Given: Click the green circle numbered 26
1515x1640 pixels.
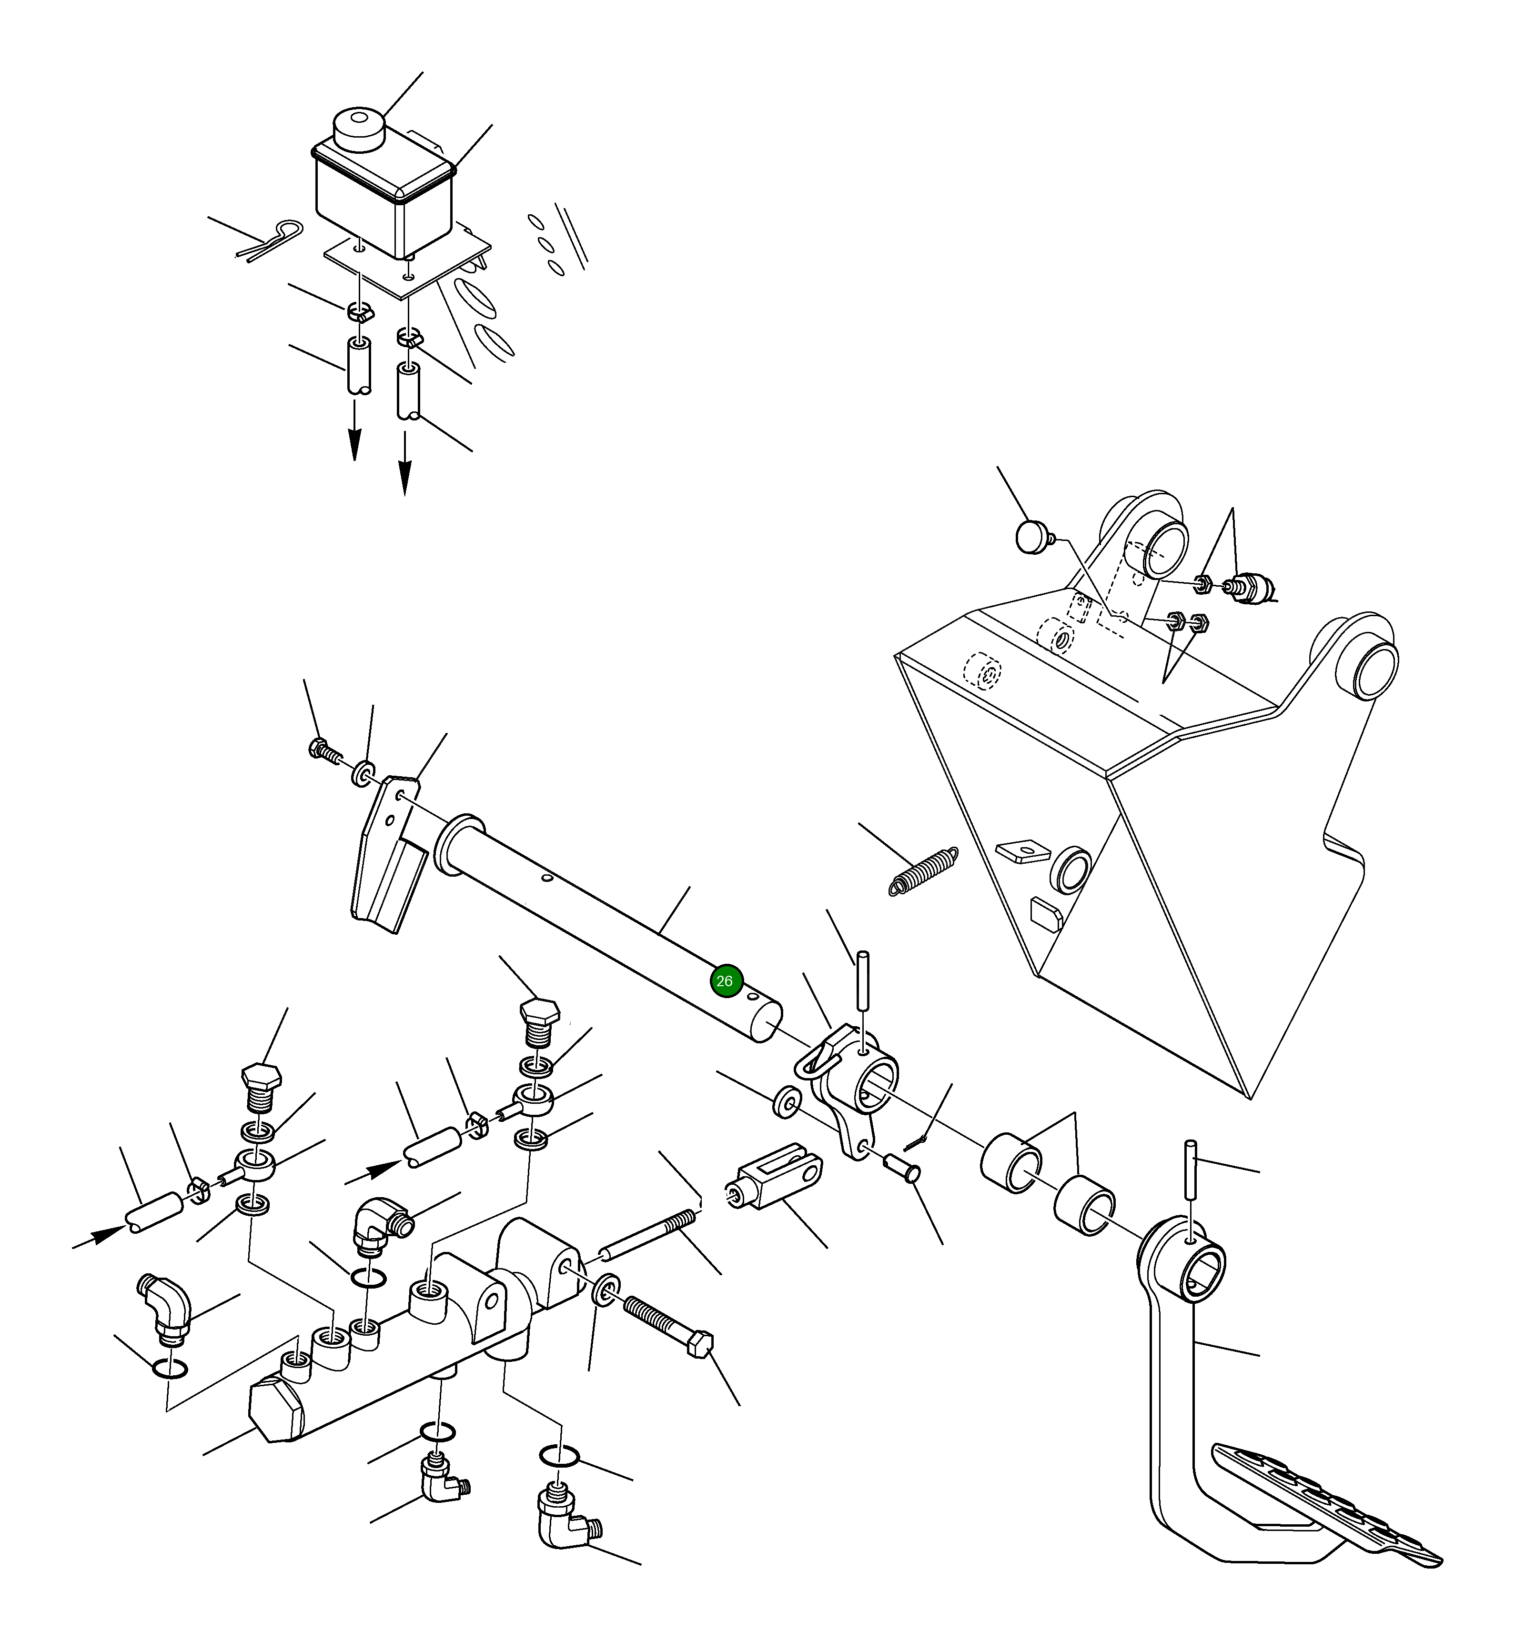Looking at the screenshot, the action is coord(727,981).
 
